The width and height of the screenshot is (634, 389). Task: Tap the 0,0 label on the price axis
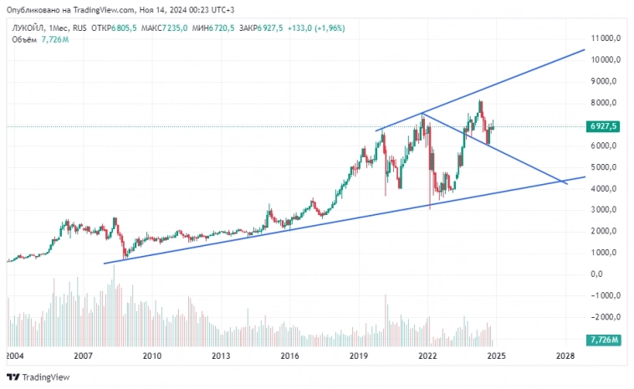click(597, 274)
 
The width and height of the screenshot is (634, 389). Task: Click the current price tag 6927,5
click(603, 126)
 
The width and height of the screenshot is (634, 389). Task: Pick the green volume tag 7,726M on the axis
click(603, 339)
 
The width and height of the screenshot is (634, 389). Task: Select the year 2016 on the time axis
click(289, 356)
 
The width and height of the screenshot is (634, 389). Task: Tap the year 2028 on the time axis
click(565, 356)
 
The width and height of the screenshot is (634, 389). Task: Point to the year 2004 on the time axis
click(14, 356)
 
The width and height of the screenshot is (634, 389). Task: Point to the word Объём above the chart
click(23, 39)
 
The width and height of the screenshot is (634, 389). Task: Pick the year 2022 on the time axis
click(428, 356)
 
